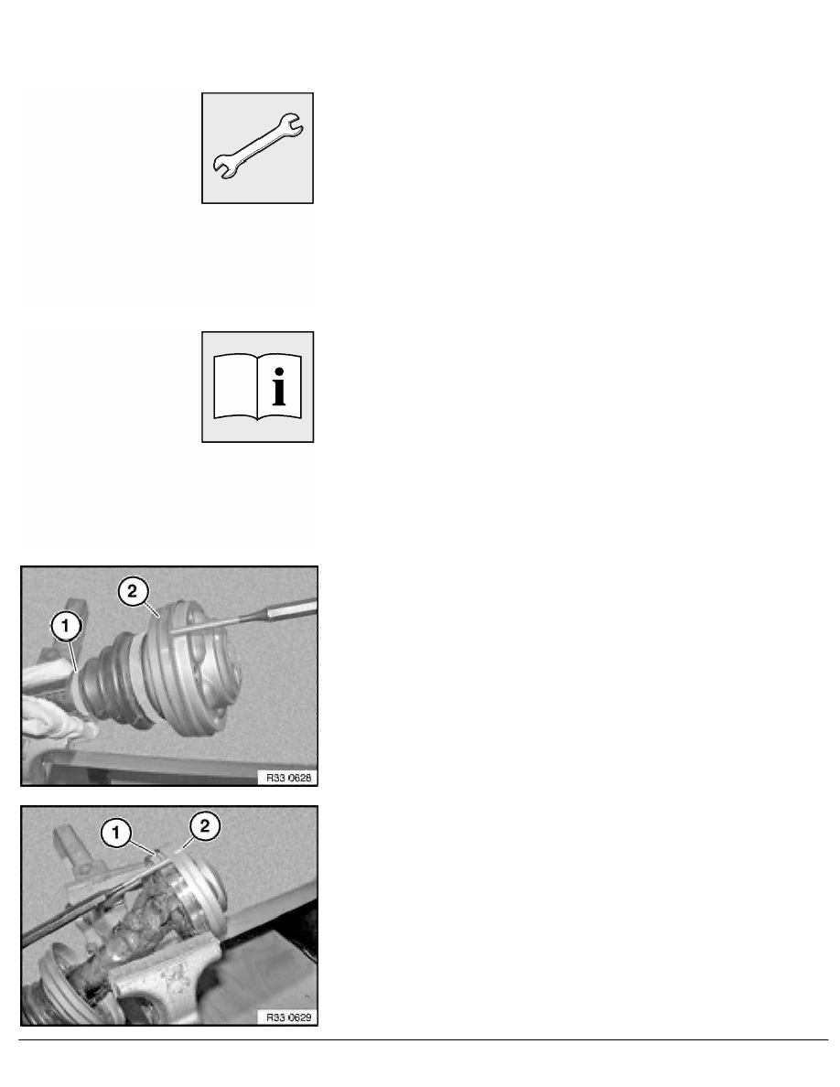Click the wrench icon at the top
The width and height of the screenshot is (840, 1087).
point(258,146)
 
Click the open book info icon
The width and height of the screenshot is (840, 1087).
point(258,387)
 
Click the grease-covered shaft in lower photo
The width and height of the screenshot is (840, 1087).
point(137,924)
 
